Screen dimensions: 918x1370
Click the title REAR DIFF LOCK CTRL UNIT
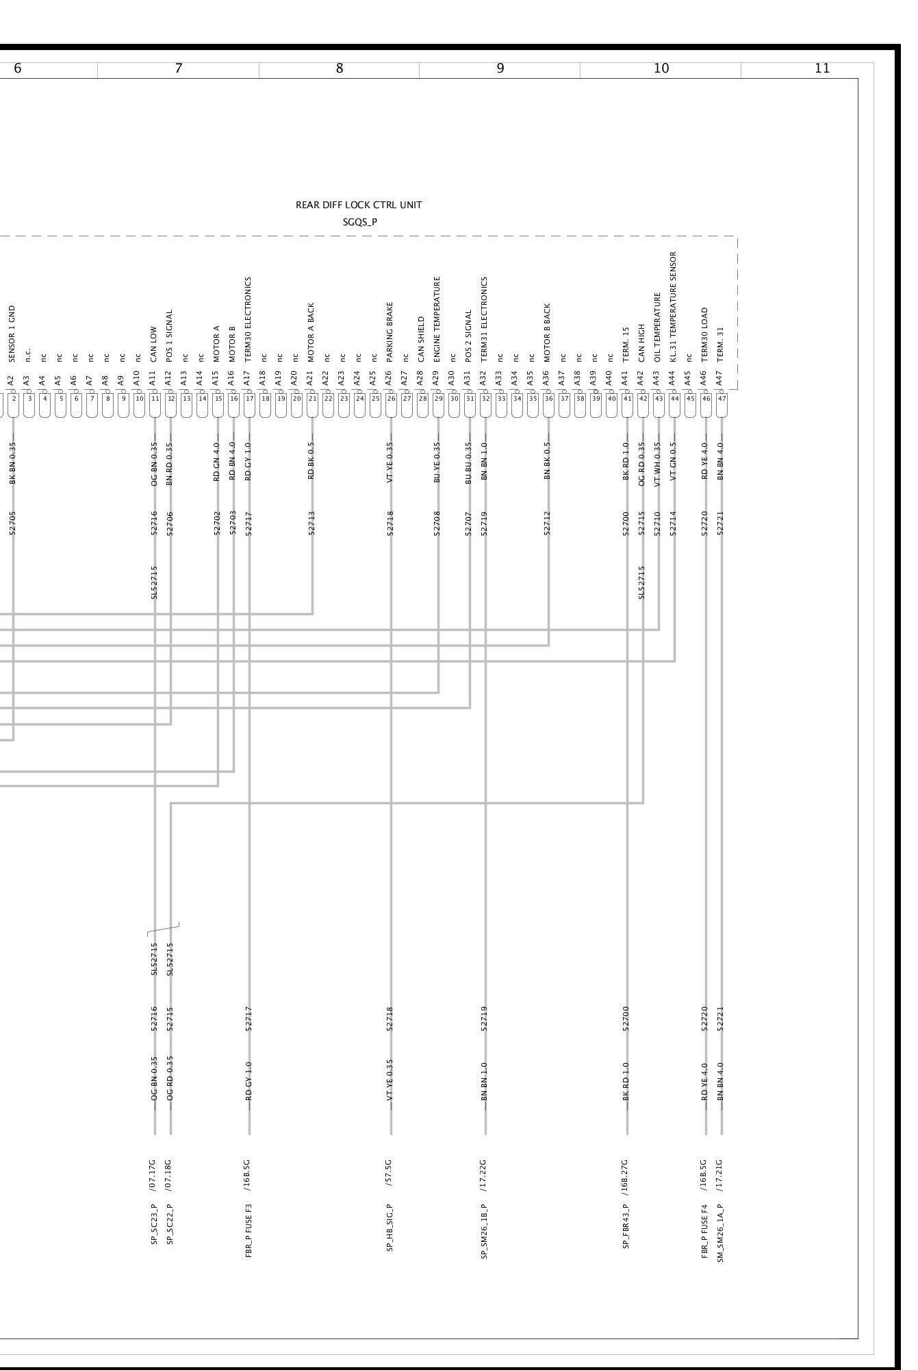click(359, 205)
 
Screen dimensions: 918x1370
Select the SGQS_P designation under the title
click(360, 222)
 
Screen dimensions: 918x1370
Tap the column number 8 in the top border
click(340, 68)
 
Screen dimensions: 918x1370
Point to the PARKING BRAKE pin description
click(390, 332)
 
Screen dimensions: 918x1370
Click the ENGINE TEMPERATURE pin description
click(437, 319)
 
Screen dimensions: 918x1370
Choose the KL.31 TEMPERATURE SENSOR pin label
click(674, 307)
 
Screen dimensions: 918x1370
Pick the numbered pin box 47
click(722, 398)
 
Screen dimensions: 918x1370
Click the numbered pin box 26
click(392, 398)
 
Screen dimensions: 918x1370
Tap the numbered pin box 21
click(313, 398)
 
